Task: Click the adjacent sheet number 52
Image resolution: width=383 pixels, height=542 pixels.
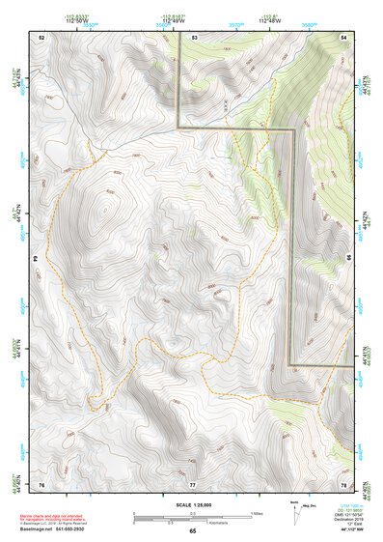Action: pos(41,36)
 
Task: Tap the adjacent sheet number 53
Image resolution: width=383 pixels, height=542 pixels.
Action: pos(194,36)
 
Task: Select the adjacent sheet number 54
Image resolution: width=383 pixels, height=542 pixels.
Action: pos(343,36)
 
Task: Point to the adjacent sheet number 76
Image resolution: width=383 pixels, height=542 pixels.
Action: pos(41,483)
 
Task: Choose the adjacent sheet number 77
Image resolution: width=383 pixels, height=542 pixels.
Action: pos(193,483)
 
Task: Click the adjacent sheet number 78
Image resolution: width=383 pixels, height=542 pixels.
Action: pos(343,483)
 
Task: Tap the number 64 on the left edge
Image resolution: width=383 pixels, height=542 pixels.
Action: pos(40,259)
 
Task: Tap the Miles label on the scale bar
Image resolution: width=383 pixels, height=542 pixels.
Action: pos(256,512)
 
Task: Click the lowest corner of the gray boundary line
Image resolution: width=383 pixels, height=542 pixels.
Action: pos(290,364)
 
